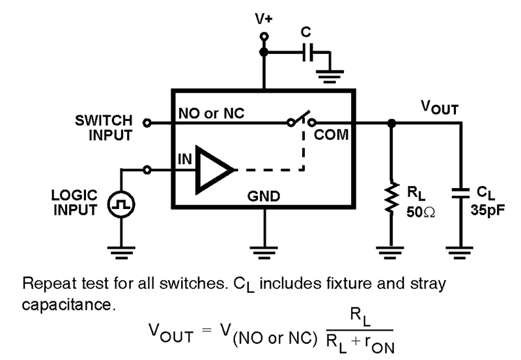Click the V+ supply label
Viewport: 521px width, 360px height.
click(264, 19)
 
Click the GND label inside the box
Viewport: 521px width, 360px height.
click(263, 196)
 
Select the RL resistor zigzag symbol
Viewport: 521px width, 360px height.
click(391, 199)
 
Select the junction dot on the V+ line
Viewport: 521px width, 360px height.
click(264, 52)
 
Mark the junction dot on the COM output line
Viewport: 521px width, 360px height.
click(391, 122)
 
